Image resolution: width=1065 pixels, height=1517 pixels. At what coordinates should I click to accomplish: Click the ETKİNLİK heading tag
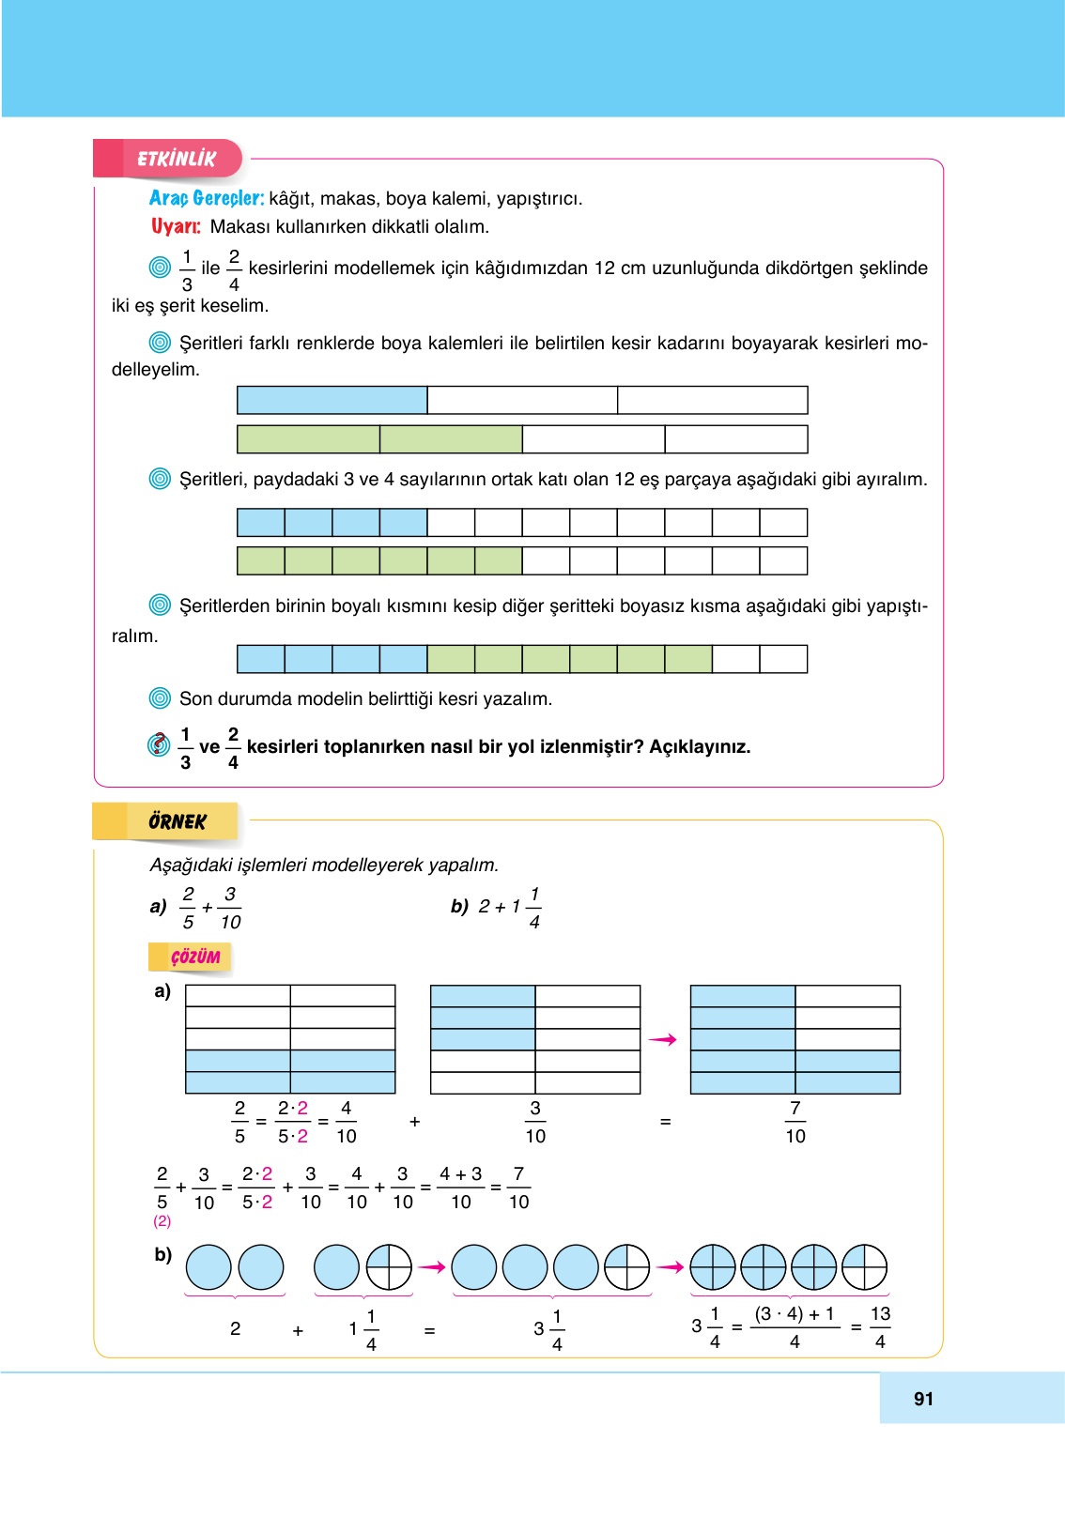176,159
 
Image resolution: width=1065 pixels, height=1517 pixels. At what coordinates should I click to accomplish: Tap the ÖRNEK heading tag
177,821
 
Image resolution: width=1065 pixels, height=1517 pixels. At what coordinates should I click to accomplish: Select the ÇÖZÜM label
194,957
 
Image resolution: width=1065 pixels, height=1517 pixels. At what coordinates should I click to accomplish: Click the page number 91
923,1399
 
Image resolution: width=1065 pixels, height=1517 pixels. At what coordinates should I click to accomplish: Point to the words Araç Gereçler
206,198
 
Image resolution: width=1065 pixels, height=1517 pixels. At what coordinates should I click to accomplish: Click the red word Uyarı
176,226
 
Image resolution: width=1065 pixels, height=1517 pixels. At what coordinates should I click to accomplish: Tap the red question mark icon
160,744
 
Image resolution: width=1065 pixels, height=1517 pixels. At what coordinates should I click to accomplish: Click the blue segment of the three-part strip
332,400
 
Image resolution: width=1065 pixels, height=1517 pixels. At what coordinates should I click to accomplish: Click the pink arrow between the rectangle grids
663,1039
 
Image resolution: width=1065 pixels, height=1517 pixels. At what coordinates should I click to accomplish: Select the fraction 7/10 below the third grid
795,1122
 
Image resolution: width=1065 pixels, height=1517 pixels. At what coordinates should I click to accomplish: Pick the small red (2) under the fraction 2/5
162,1221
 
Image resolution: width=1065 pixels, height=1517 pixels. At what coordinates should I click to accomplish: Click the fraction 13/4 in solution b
880,1327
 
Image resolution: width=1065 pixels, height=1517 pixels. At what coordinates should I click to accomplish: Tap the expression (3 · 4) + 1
795,1314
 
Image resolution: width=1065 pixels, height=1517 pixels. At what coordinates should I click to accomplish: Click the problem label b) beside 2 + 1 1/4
459,906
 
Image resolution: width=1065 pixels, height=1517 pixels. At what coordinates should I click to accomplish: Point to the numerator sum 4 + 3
460,1174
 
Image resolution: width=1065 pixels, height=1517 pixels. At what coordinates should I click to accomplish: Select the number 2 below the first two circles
235,1329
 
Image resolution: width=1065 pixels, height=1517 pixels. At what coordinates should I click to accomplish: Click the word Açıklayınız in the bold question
700,747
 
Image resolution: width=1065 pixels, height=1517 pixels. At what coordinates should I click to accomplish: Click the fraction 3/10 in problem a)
230,908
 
